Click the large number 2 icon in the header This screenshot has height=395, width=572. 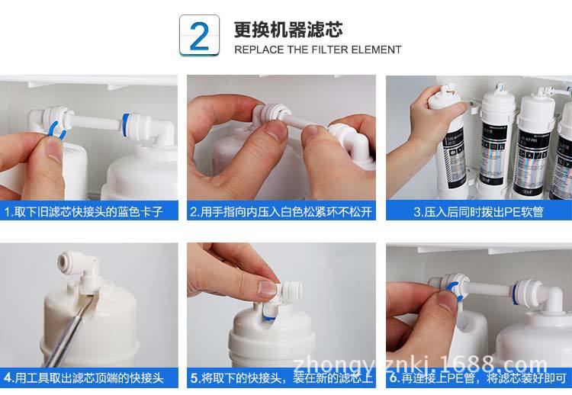click(199, 36)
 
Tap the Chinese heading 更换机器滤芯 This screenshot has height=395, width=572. click(288, 30)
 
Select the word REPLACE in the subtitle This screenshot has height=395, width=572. click(259, 50)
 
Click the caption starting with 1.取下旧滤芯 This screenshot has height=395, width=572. click(90, 211)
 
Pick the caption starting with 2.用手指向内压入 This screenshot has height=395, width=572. click(281, 211)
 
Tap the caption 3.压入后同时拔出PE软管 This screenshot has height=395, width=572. click(478, 211)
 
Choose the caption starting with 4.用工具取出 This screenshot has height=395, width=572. click(90, 377)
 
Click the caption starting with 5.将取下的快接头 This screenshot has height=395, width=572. click(281, 377)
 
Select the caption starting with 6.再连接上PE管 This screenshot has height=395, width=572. click(478, 377)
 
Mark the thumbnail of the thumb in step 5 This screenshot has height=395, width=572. click(267, 288)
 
